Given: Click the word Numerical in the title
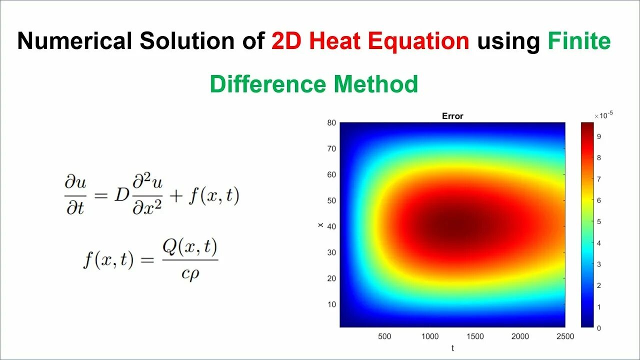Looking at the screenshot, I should pos(74,41).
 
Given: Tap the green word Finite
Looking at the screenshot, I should pos(579,41).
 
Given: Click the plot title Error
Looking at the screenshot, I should pos(452,116).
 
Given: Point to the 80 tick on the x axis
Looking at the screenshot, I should pos(331,123).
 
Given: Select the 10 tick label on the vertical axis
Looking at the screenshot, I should pos(331,304).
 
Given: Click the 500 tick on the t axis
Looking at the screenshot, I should pos(384,336).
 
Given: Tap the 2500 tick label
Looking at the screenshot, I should pos(565,336).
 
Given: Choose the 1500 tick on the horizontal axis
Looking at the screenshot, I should pos(474,336).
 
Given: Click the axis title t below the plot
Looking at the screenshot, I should pos(452,348).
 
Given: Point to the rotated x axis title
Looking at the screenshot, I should pos(320,225).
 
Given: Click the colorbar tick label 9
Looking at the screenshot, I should pos(598,136).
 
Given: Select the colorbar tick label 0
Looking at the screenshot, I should pos(598,328).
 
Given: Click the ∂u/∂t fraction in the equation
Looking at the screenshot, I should pos(75,194).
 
